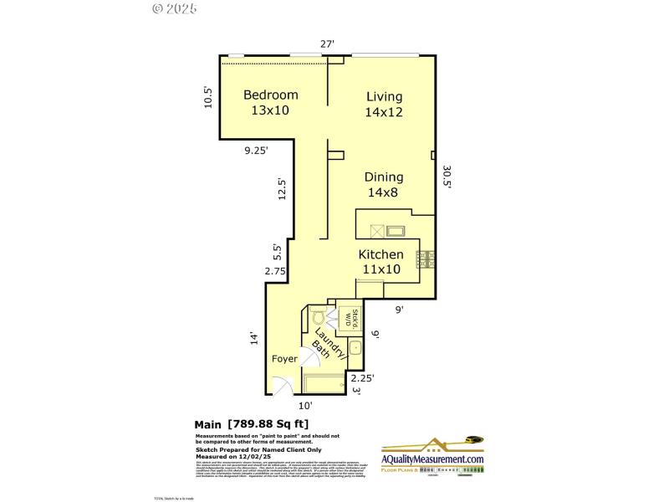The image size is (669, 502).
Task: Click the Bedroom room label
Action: (x=270, y=95)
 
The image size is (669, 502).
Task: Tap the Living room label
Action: (x=384, y=96)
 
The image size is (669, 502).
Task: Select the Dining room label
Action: (x=384, y=177)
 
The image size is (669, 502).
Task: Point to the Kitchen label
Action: (x=381, y=254)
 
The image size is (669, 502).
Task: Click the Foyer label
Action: (x=285, y=359)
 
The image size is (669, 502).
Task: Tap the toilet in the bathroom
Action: (x=317, y=316)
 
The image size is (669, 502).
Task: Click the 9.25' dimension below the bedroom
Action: (x=257, y=151)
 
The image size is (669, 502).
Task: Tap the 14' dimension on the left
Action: (x=253, y=339)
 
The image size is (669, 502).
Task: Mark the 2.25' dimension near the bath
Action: (x=360, y=377)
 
